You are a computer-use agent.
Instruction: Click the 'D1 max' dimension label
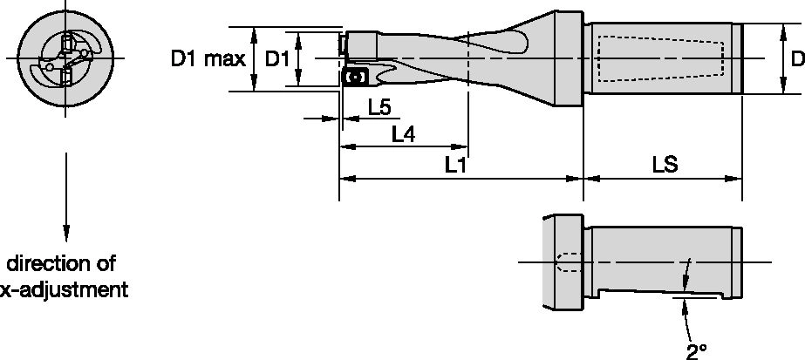(x=208, y=59)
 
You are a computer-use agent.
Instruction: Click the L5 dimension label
(x=379, y=107)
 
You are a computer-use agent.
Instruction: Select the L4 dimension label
(x=403, y=134)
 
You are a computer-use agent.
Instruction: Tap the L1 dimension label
(x=455, y=165)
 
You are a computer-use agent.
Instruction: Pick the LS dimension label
(x=665, y=165)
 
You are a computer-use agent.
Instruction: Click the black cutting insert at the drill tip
(x=353, y=78)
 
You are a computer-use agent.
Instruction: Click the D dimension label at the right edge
(x=796, y=59)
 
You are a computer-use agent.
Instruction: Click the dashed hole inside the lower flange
(x=566, y=262)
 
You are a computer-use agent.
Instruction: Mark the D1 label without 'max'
(x=276, y=59)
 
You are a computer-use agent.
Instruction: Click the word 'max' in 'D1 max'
(x=223, y=59)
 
